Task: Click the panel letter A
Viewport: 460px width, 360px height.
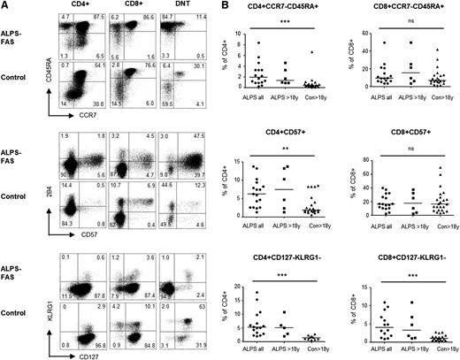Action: point(4,5)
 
